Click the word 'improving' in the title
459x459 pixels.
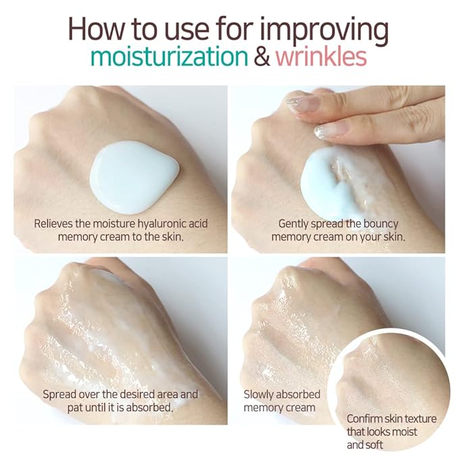[324, 30]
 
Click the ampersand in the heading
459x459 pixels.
[262, 57]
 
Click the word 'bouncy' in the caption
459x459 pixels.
[381, 224]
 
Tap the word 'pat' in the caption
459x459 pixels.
[74, 408]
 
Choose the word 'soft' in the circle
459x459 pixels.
[375, 445]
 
